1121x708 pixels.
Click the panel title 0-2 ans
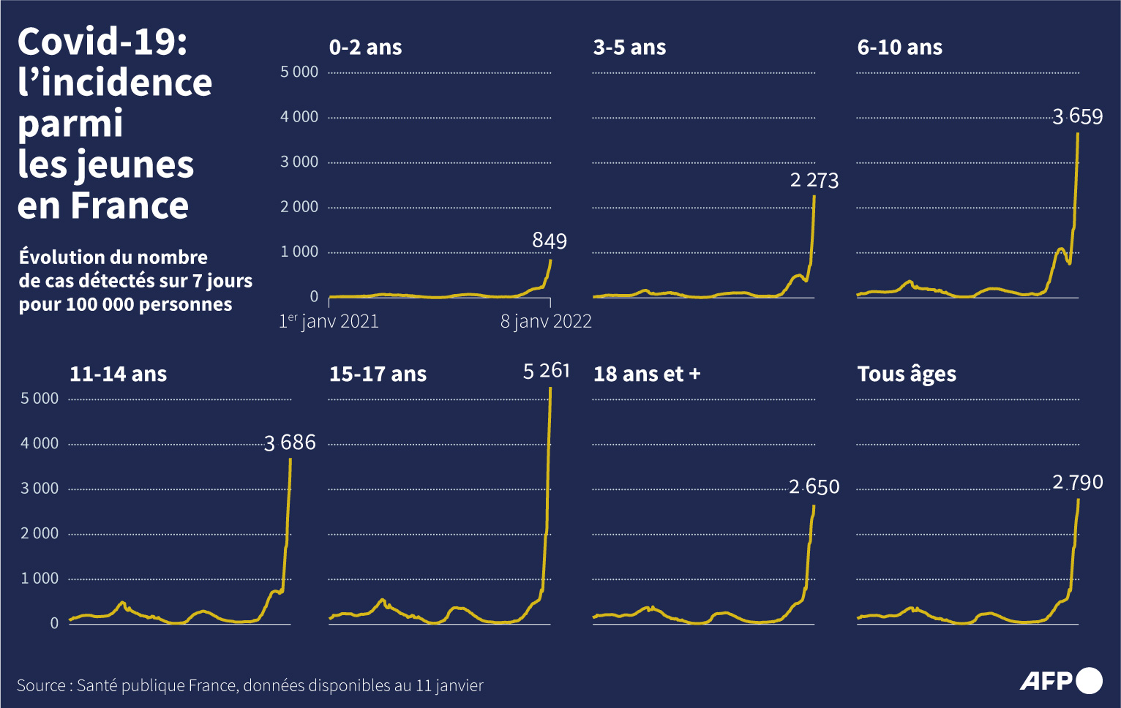click(x=365, y=48)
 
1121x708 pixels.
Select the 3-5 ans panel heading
click(x=629, y=48)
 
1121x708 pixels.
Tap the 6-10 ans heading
click(x=899, y=48)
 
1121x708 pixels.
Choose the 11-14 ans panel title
click(x=118, y=374)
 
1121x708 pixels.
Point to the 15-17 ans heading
click(x=378, y=374)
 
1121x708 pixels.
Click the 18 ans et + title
click(x=647, y=374)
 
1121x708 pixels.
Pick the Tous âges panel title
click(x=907, y=374)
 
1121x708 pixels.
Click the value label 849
click(x=550, y=241)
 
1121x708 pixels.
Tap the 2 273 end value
click(x=814, y=181)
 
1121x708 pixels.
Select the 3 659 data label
click(x=1077, y=116)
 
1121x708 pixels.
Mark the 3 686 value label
click(x=290, y=442)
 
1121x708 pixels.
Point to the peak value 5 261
click(x=546, y=371)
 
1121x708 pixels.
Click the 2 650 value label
click(x=814, y=487)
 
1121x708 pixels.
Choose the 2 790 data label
click(x=1077, y=483)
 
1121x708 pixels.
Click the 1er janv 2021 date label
click(x=329, y=321)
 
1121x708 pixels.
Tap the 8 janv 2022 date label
click(x=546, y=321)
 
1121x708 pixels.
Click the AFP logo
click(x=1060, y=681)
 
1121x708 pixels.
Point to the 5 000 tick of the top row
click(x=299, y=72)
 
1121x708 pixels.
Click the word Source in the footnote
click(x=41, y=685)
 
